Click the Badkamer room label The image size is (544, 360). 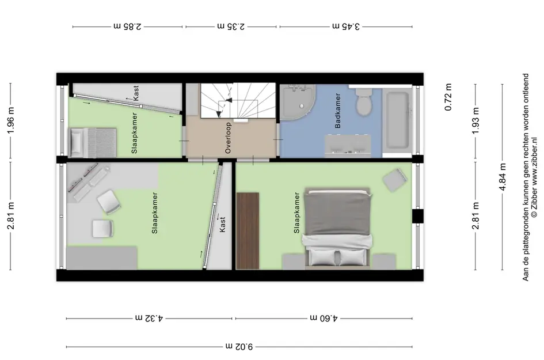tap(337, 111)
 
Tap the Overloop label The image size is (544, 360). tap(228, 138)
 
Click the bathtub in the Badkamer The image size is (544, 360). tap(398, 120)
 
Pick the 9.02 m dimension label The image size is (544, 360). tap(239, 346)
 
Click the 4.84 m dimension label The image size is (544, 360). tap(503, 177)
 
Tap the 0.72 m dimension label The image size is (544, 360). tap(448, 97)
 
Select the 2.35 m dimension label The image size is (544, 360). tap(231, 26)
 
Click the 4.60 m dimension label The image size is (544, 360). tap(324, 318)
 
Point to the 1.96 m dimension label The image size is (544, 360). tap(11, 120)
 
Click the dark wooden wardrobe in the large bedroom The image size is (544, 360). tap(248, 231)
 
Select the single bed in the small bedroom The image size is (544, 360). tap(93, 143)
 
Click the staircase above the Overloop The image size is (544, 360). tap(238, 100)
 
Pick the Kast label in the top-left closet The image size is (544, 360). tap(136, 93)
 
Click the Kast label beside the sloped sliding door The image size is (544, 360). tap(222, 225)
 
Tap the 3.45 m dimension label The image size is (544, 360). tap(346, 26)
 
